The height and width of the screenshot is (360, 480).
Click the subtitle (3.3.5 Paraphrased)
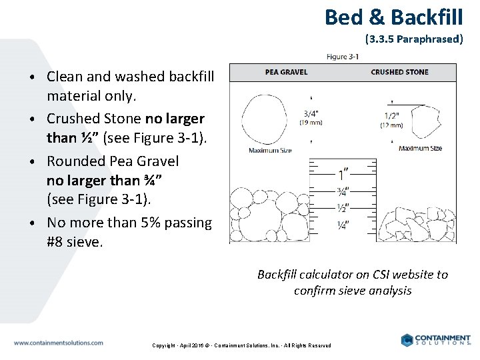pyautogui.click(x=414, y=39)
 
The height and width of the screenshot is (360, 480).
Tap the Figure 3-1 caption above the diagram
pyautogui.click(x=343, y=57)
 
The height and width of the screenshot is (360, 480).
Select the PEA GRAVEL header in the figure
pyautogui.click(x=286, y=72)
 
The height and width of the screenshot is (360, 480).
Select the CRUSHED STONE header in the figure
pyautogui.click(x=399, y=72)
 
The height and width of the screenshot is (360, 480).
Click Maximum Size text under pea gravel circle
pyautogui.click(x=270, y=151)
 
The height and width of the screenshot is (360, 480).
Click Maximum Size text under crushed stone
pyautogui.click(x=420, y=148)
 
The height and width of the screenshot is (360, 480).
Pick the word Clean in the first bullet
pyautogui.click(x=64, y=77)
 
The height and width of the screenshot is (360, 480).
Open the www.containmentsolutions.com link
pyautogui.click(x=58, y=343)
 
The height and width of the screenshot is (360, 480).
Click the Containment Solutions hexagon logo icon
pyautogui.click(x=407, y=340)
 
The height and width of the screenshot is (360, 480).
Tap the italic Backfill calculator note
pyautogui.click(x=353, y=283)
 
